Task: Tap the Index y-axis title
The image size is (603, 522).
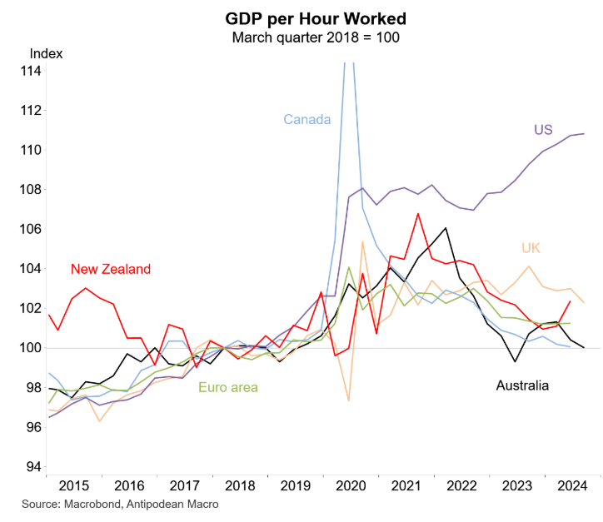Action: tap(46, 53)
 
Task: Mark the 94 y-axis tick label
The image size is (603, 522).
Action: tap(33, 467)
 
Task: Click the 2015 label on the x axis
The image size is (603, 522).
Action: tap(73, 485)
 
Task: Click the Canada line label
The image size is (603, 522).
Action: tap(306, 119)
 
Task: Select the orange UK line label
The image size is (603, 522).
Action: tap(531, 248)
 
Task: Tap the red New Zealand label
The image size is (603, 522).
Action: tap(110, 269)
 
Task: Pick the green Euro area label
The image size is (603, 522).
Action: tap(227, 387)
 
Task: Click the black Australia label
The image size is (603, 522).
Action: tap(522, 385)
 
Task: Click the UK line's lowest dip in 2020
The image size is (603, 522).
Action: tap(348, 401)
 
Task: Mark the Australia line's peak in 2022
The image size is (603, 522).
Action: tap(446, 227)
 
